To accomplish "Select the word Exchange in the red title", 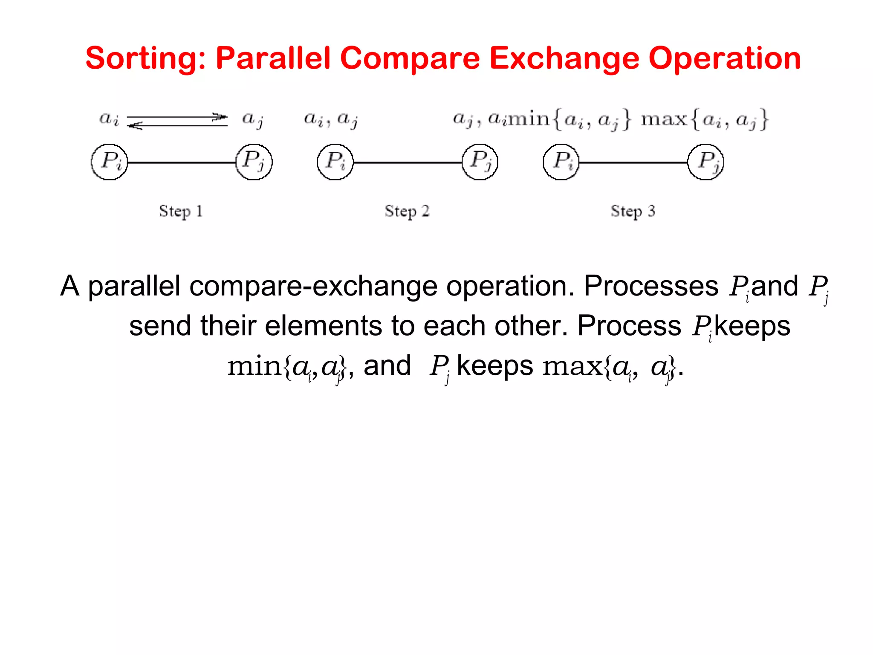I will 565,58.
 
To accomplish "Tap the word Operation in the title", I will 725,58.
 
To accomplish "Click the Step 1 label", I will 181,211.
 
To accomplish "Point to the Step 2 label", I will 407,211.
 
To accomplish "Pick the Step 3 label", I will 633,211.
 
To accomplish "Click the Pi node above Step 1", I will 110,162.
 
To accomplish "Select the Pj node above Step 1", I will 254,162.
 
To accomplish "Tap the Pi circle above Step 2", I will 335,162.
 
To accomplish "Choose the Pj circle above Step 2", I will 480,162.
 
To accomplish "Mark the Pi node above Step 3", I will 561,162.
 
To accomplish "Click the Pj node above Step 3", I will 706,162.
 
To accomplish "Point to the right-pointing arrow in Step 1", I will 177,116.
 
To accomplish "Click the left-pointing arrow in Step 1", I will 177,125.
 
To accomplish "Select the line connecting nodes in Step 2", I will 408,162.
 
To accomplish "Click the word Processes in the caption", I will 651,286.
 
